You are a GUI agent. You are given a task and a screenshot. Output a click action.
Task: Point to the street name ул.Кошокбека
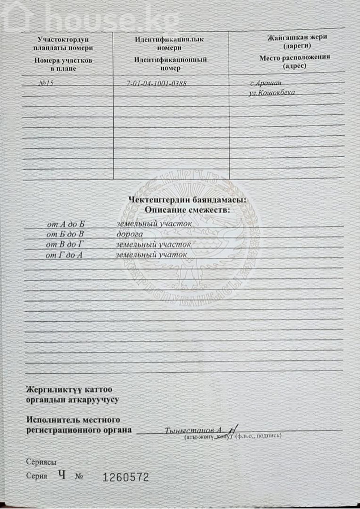pos(272,93)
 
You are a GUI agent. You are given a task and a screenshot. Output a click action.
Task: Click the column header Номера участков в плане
pos(62,64)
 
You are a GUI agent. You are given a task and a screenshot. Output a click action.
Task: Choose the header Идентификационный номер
pos(170,64)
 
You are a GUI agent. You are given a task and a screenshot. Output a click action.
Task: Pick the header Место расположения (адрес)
pos(294,62)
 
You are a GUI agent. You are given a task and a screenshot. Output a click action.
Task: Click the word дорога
pos(130,234)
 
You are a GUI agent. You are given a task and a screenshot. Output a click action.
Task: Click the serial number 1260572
pos(126,477)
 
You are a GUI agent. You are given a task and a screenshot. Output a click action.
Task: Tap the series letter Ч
pos(61,475)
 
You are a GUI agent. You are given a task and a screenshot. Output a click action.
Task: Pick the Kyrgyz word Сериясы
pos(41,462)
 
